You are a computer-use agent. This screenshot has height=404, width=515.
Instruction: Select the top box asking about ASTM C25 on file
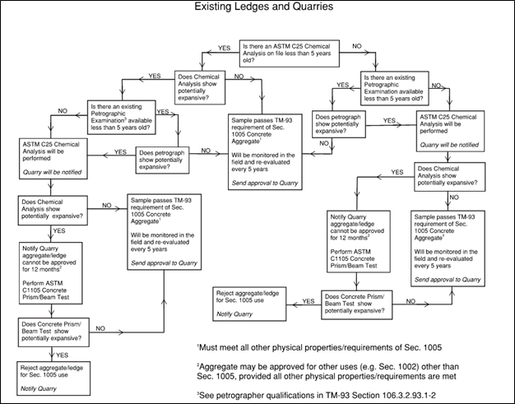pyautogui.click(x=290, y=53)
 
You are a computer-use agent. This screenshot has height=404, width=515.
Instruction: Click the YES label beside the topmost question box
pyautogui.click(x=225, y=49)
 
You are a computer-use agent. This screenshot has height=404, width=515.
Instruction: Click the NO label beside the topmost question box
pyautogui.click(x=357, y=46)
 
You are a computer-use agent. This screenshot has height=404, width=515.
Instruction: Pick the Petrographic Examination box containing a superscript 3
pyautogui.click(x=122, y=118)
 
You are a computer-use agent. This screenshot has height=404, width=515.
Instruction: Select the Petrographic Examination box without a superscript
pyautogui.click(x=395, y=88)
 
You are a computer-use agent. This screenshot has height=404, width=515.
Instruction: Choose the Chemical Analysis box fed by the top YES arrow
pyautogui.click(x=200, y=87)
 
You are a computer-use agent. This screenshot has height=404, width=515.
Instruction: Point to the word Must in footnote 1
pyautogui.click(x=209, y=347)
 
